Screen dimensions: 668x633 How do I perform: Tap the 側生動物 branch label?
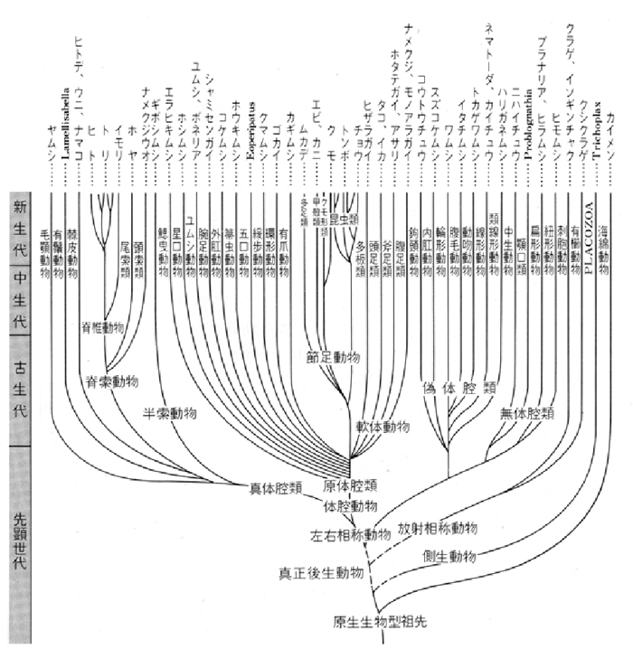[x=449, y=556]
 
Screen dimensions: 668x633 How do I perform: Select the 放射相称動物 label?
[x=438, y=526]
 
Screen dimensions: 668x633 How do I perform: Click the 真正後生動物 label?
[x=321, y=572]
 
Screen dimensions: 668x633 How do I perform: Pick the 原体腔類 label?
[x=349, y=485]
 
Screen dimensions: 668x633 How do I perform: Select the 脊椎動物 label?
[x=113, y=326]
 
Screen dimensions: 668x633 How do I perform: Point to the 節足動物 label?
[x=333, y=358]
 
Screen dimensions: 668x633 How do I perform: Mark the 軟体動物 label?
[x=382, y=424]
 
